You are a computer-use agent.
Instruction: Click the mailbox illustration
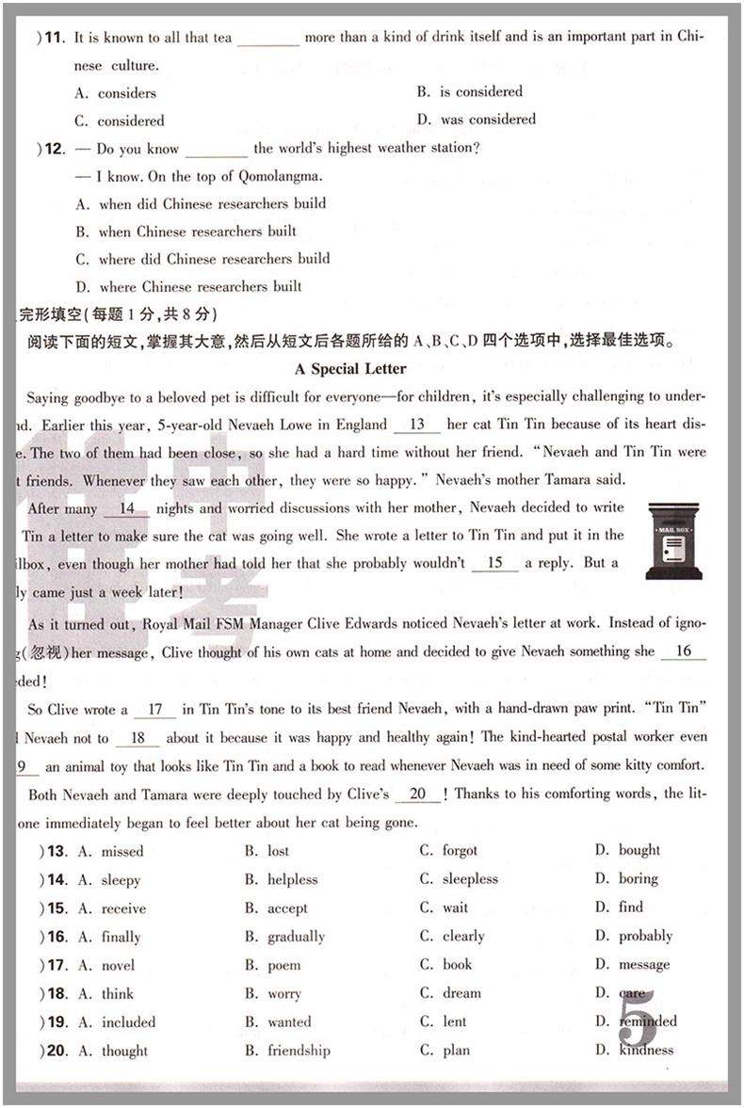point(673,540)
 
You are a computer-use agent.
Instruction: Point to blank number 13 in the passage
point(418,424)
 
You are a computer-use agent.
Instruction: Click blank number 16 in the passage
point(683,650)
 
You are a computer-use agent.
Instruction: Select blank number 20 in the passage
point(417,794)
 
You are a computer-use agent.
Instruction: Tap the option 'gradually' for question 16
point(296,937)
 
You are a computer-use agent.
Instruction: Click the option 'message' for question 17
point(644,964)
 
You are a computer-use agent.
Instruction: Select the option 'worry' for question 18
point(284,994)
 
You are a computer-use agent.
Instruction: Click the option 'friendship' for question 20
point(299,1051)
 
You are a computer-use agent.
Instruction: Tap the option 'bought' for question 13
point(639,850)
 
